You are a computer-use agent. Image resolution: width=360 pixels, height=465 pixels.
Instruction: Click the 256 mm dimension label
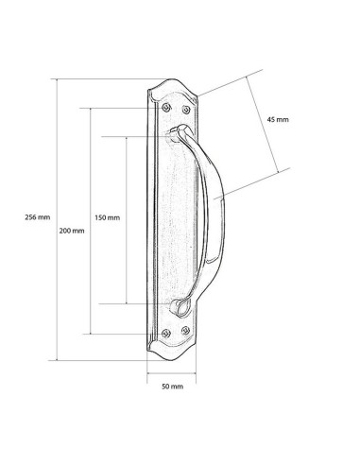click(x=38, y=217)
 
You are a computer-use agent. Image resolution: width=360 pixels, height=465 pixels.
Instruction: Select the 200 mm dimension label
click(x=72, y=231)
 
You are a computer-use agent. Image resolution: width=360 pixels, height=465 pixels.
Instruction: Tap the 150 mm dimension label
click(x=108, y=217)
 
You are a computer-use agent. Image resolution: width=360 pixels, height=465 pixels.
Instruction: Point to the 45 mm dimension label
click(x=278, y=119)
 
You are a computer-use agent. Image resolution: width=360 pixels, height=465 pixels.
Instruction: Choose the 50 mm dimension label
click(x=172, y=387)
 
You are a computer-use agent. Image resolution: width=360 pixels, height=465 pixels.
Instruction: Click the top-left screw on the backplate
click(x=166, y=108)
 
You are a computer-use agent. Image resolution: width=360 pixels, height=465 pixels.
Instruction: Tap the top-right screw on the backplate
click(x=186, y=110)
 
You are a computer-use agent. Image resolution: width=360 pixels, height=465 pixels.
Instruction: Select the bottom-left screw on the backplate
click(x=166, y=334)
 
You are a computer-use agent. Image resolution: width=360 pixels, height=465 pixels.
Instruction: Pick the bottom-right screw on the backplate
click(x=186, y=331)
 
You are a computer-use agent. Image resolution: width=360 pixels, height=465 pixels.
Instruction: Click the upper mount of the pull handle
click(x=177, y=132)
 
